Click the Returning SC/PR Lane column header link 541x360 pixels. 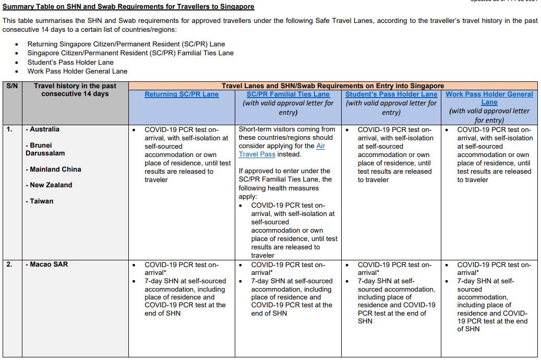(182, 94)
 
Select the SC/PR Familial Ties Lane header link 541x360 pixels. (288, 94)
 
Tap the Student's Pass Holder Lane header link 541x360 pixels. (391, 94)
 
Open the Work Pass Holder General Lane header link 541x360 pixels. (489, 98)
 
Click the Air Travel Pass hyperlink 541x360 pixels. (282, 150)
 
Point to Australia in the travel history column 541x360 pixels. (44, 129)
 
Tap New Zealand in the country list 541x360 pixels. (51, 185)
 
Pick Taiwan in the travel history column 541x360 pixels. (41, 201)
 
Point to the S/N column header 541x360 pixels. (11, 86)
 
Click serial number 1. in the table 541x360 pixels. (10, 129)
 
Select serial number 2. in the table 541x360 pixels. (10, 265)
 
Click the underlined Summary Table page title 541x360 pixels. (128, 7)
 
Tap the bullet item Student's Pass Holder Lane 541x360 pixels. (70, 62)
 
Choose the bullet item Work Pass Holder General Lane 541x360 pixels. (77, 71)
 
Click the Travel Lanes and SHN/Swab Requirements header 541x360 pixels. (333, 86)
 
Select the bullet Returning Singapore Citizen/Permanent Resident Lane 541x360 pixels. (126, 44)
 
